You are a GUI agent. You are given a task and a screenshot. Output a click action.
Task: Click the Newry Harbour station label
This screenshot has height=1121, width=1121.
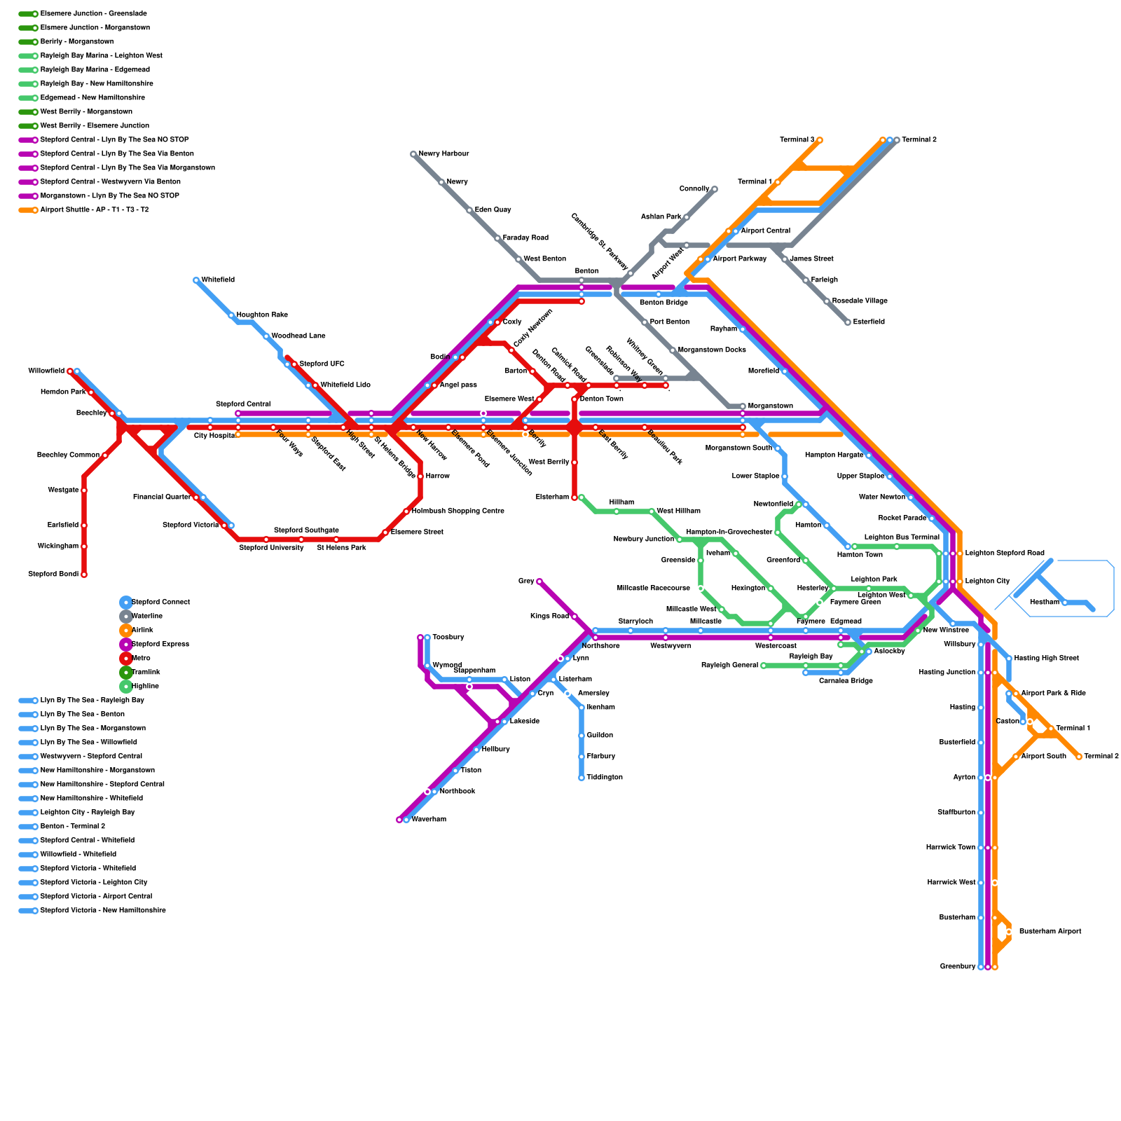click(x=443, y=153)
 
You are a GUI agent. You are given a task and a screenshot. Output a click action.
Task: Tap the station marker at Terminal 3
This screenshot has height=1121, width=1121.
click(x=819, y=140)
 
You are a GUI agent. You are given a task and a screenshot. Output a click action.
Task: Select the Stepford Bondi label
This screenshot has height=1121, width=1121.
click(x=53, y=575)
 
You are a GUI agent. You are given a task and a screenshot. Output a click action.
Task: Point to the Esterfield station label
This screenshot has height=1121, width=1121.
click(x=869, y=322)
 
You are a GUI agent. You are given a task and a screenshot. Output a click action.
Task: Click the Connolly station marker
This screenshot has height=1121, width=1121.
click(x=714, y=189)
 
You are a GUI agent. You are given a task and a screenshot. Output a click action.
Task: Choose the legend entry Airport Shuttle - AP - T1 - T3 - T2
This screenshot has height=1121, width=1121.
click(x=94, y=209)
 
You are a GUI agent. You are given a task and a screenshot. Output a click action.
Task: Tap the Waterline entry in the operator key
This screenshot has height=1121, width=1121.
click(x=146, y=616)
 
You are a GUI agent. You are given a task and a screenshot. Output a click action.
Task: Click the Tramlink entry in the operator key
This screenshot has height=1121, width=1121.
click(x=146, y=672)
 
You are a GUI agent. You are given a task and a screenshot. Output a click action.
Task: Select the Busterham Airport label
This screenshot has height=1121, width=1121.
click(x=1050, y=932)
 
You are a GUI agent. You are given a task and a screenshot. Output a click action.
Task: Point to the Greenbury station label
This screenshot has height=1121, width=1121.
click(x=957, y=967)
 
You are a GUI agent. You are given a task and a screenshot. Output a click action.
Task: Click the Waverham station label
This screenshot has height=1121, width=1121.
click(x=429, y=819)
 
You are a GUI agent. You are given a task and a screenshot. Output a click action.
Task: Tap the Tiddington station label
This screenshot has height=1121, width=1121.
click(x=605, y=777)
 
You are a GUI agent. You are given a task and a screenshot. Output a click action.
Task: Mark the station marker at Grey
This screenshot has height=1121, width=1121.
click(x=539, y=582)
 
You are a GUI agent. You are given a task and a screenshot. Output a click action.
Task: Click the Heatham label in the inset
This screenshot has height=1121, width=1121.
click(x=1045, y=603)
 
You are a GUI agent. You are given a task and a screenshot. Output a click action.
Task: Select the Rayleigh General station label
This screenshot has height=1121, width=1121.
click(x=729, y=665)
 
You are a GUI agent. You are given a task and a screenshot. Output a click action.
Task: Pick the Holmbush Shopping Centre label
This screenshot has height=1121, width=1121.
click(x=458, y=511)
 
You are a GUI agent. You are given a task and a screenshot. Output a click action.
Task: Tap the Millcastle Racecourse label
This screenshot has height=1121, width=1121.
click(x=653, y=588)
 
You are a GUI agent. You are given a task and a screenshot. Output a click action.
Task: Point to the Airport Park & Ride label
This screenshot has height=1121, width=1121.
click(x=1053, y=693)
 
